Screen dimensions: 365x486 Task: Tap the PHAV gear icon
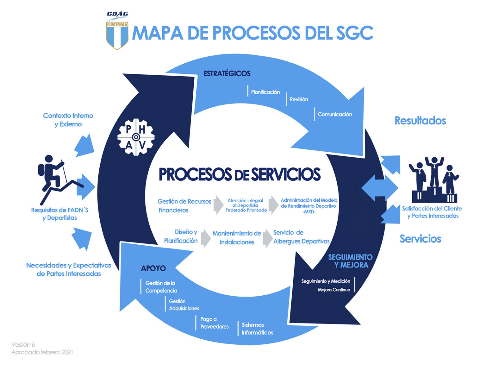[136, 137]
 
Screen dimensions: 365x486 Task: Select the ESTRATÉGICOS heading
[227, 73]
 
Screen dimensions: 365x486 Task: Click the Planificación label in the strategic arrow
[265, 92]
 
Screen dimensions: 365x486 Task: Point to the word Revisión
[299, 99]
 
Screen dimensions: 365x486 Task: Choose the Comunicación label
[334, 114]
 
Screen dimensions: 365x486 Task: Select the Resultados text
[420, 121]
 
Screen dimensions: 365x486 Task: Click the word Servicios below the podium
[420, 239]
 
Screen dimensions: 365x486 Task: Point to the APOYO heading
[153, 268]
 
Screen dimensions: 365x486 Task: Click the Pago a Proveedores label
[214, 323]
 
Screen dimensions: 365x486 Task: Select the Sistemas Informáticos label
[257, 329]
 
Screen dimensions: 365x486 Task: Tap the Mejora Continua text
[334, 290]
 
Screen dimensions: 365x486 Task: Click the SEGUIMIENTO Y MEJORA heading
[350, 261]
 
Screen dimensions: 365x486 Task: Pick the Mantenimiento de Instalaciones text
[237, 238]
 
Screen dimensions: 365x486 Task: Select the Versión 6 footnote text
[23, 344]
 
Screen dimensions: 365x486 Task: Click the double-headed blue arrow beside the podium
[379, 188]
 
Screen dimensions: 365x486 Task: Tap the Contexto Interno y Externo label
[68, 120]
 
